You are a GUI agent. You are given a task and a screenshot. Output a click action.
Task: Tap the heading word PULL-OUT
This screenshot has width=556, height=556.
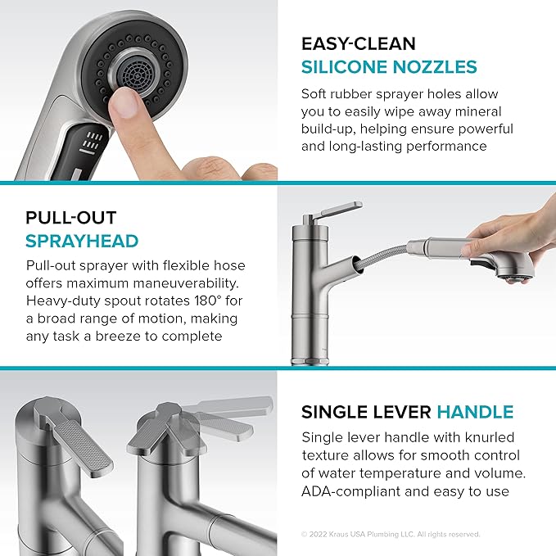70,218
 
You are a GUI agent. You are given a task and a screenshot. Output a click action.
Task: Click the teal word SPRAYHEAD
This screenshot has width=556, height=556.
82,242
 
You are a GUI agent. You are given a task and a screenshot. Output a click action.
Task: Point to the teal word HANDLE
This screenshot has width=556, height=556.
475,412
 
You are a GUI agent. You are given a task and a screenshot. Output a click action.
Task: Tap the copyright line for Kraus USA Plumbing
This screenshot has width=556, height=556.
390,535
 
